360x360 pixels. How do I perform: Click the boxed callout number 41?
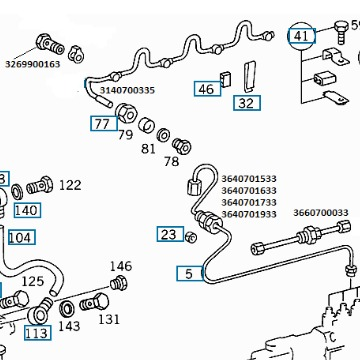pos(302,36)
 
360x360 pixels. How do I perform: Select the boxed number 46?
pos(207,89)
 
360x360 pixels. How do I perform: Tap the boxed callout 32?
pos(247,103)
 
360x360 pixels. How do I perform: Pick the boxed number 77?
pos(104,123)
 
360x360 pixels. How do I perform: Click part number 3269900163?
pos(32,64)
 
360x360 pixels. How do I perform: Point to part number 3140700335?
pos(127,90)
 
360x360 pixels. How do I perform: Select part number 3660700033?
pos(321,212)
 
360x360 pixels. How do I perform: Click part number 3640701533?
pos(249,179)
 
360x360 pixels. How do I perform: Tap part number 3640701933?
pos(249,214)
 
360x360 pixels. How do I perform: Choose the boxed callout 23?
pos(170,234)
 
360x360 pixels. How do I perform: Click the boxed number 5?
pos(190,273)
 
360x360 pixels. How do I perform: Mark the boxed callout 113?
pos(38,333)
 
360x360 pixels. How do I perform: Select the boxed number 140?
pos(27,210)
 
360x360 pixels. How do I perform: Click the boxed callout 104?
pos(22,237)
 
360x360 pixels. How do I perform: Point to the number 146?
pos(121,266)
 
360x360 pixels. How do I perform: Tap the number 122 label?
pos(70,185)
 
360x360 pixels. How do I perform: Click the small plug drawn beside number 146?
pos(119,283)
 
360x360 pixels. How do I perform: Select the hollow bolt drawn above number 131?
pos(94,303)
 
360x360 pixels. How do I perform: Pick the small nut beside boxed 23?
pos(191,237)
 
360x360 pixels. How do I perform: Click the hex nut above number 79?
pos(126,113)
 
